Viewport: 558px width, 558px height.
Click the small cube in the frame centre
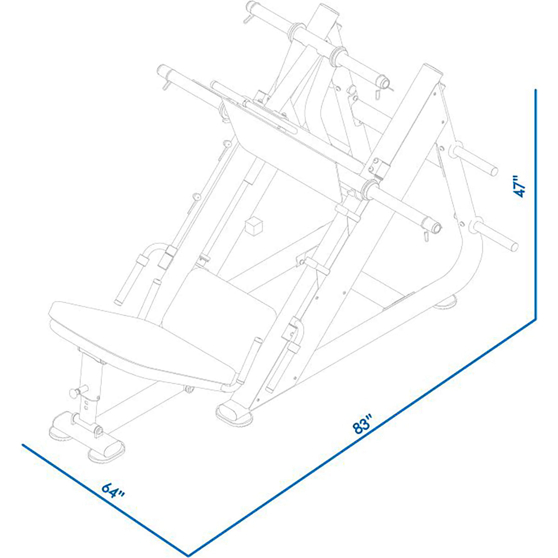pyautogui.click(x=253, y=227)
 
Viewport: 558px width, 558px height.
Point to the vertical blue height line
pyautogui.click(x=536, y=205)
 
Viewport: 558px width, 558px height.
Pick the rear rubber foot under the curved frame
pyautogui.click(x=445, y=303)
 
